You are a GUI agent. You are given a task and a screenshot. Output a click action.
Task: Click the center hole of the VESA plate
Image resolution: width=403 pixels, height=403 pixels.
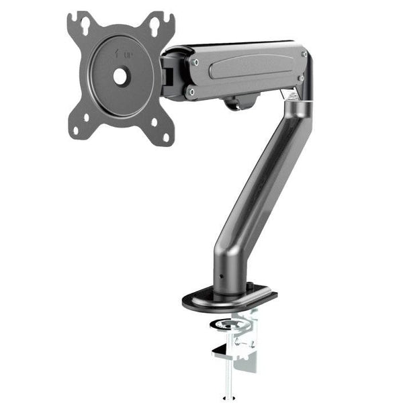pos(121,77)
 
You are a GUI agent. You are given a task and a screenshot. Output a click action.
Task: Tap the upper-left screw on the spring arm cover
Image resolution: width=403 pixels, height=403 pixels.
pos(195,61)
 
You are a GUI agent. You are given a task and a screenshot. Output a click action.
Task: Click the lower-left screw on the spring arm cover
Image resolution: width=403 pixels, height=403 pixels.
pos(191,91)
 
